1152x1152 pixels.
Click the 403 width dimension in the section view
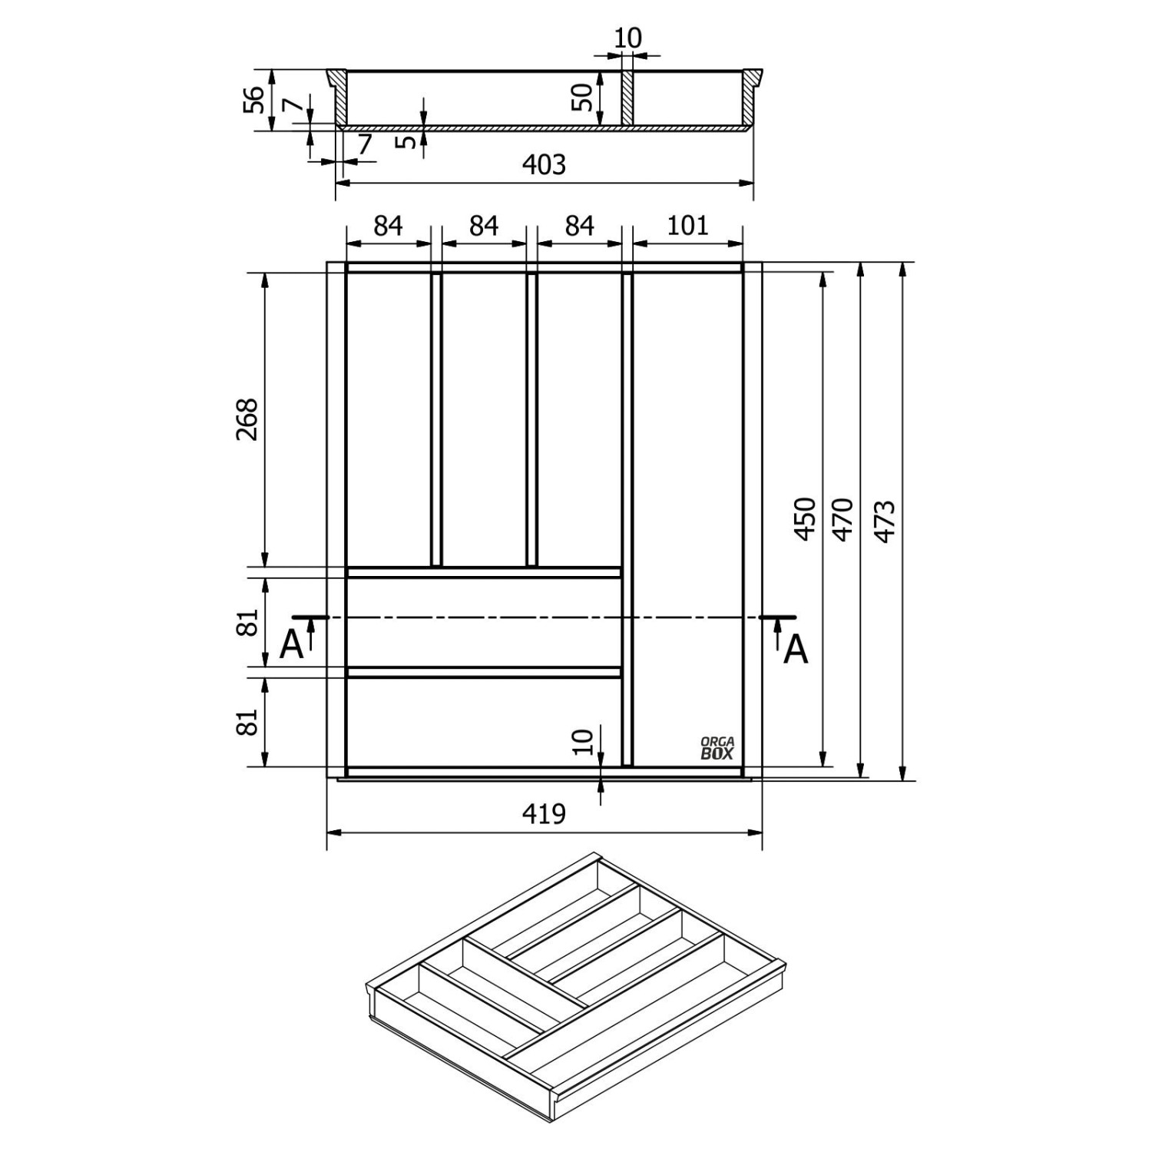pyautogui.click(x=544, y=164)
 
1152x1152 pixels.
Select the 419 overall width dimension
pyautogui.click(x=544, y=813)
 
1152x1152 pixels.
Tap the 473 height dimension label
pyautogui.click(x=885, y=521)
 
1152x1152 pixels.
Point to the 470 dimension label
pyautogui.click(x=843, y=520)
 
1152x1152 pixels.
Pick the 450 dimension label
pyautogui.click(x=804, y=519)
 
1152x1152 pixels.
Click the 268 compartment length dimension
pyautogui.click(x=247, y=419)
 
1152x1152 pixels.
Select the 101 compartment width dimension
pyautogui.click(x=687, y=226)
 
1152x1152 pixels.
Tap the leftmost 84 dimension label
pyautogui.click(x=388, y=226)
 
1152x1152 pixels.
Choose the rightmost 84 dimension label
pyautogui.click(x=579, y=226)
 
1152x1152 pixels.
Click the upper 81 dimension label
pyautogui.click(x=247, y=623)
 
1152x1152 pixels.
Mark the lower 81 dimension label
pyautogui.click(x=247, y=722)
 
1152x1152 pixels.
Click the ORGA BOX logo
pyautogui.click(x=717, y=748)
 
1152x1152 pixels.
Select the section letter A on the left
pyautogui.click(x=291, y=647)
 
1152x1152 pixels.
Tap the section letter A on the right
pyautogui.click(x=796, y=651)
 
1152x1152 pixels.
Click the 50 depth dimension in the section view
pyautogui.click(x=584, y=97)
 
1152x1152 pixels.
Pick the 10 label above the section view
pyautogui.click(x=628, y=38)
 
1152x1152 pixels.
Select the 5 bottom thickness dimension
pyautogui.click(x=408, y=141)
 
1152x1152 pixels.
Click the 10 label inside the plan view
pyautogui.click(x=584, y=742)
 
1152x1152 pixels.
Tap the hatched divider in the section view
pyautogui.click(x=627, y=98)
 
